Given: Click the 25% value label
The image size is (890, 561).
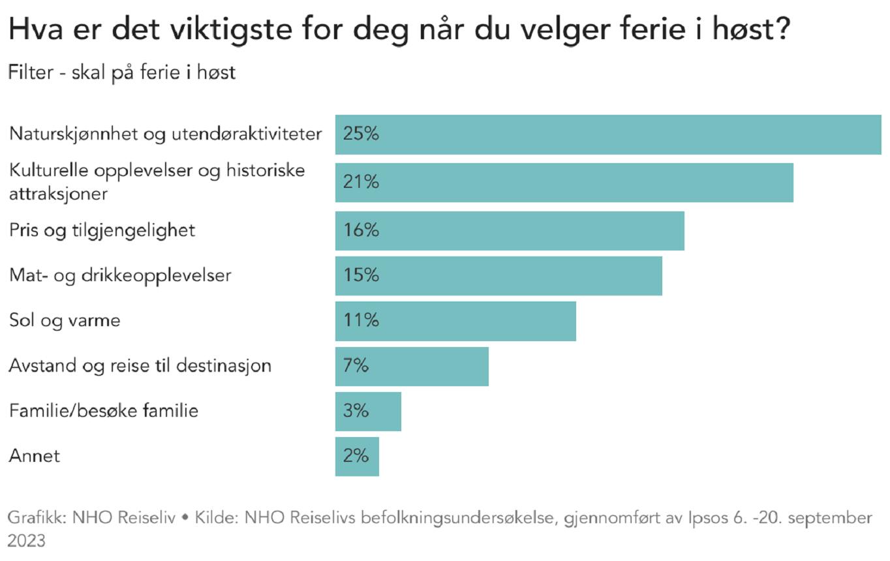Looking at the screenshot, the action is coord(361,134).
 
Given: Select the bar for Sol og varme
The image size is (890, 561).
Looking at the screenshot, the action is coord(455,321).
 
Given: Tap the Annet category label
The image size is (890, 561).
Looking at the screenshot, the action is coord(35,456).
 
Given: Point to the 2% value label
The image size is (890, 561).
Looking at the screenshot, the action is coord(356,456).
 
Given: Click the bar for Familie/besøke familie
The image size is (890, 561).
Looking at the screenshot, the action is coord(368,411).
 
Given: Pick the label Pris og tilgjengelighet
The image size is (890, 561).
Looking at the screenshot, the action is coord(102,231).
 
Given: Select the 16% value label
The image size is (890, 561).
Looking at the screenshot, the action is coord(361,230).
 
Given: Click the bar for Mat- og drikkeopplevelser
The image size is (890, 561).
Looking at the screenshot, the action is coord(499,276).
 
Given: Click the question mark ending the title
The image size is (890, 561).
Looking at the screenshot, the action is coord(782,28).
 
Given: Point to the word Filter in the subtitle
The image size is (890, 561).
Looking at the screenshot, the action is coord(30,72).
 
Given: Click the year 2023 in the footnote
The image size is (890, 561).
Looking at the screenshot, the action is coord(26,541).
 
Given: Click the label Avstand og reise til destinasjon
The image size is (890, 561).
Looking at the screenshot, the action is coord(140,366).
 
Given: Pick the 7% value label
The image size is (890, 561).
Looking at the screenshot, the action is coord(356,365).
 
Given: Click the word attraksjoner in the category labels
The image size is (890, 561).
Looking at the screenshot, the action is coord(59,194).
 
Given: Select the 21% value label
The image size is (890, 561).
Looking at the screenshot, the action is coord(361,182).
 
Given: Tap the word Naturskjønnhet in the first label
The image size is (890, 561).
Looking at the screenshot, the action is coord(74,134).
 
